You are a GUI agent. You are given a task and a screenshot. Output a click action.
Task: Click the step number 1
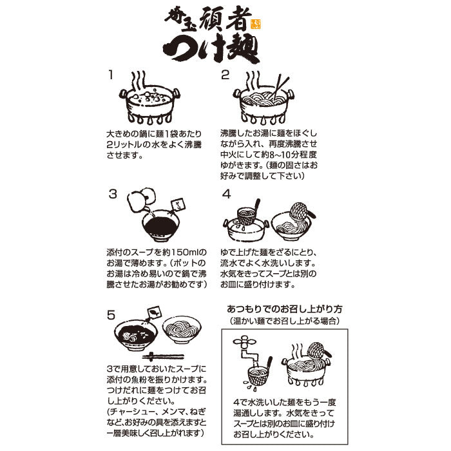(x=111, y=75)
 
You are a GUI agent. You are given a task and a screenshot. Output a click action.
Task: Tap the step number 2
(x=225, y=75)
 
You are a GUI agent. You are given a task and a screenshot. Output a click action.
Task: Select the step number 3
(x=113, y=194)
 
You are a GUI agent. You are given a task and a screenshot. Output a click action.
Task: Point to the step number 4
(x=226, y=194)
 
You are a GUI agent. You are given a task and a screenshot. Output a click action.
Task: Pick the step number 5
(x=111, y=315)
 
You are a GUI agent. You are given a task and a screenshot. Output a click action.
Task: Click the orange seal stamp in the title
(x=256, y=24)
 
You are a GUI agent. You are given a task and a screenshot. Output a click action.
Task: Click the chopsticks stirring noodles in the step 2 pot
(x=280, y=86)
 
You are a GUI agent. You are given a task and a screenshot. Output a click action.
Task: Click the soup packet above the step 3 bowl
(x=178, y=205)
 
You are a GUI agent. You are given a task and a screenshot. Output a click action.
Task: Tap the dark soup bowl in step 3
(x=161, y=225)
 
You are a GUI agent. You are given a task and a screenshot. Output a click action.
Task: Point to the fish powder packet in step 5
(x=154, y=312)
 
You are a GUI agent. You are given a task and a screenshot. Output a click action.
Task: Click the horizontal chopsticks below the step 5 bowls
(x=163, y=357)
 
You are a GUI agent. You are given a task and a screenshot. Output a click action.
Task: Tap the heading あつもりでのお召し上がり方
(x=285, y=309)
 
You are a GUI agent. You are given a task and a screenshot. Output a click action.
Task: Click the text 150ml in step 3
(x=184, y=253)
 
